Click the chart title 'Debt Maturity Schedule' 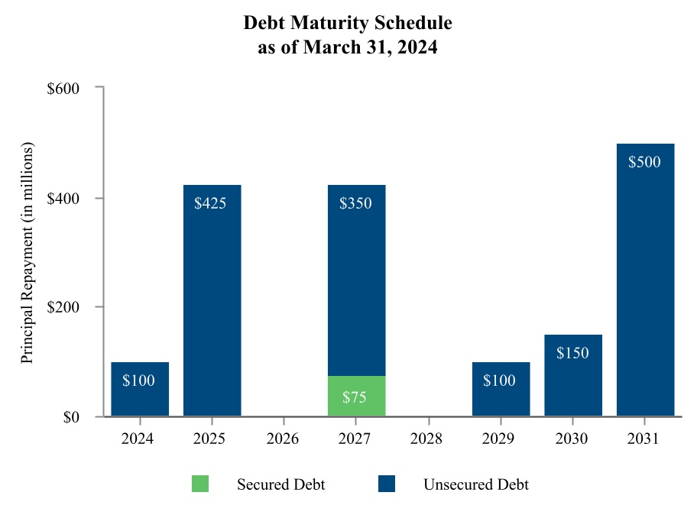[348, 23]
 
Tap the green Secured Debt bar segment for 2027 [356, 396]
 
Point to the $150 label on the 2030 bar [572, 353]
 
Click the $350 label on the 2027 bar [355, 204]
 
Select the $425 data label [210, 204]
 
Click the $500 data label [644, 162]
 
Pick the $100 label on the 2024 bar [139, 381]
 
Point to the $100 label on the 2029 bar [500, 381]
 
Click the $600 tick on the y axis [64, 89]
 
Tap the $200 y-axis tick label [64, 307]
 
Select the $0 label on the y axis [71, 417]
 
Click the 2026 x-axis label [284, 440]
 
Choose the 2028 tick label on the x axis [428, 440]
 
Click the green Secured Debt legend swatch [199, 484]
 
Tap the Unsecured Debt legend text [475, 484]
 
